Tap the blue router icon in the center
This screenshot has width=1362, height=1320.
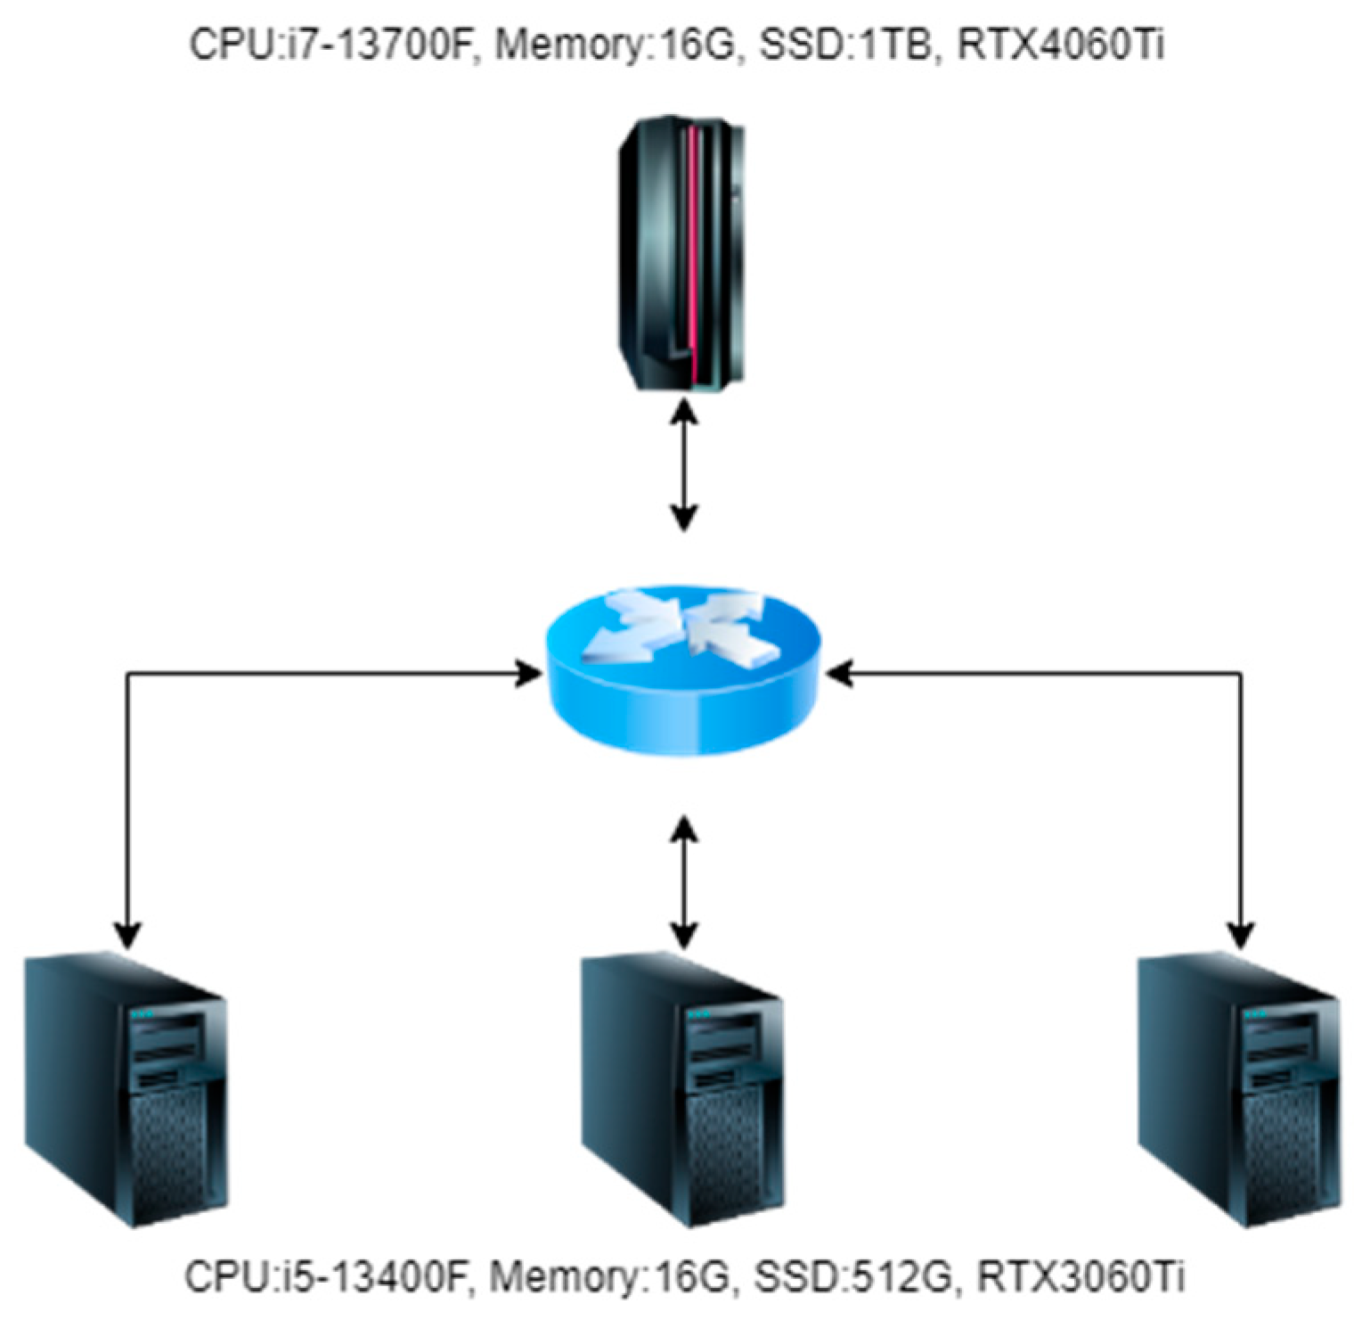pyautogui.click(x=682, y=669)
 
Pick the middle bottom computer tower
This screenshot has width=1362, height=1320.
pyautogui.click(x=682, y=1091)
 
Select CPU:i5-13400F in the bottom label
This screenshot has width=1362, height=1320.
pyautogui.click(x=326, y=1276)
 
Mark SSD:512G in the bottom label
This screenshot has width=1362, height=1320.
pyautogui.click(x=854, y=1276)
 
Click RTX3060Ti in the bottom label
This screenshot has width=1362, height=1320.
pyautogui.click(x=1081, y=1276)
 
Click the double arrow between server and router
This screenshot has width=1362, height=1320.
pyautogui.click(x=683, y=463)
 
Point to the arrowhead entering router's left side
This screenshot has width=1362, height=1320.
pyautogui.click(x=529, y=674)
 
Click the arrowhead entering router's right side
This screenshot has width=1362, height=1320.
pyautogui.click(x=838, y=674)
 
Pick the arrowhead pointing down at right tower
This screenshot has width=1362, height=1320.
pyautogui.click(x=1241, y=936)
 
